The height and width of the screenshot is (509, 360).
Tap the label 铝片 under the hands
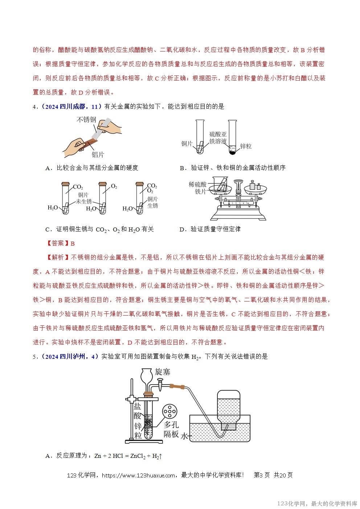click(x=98, y=155)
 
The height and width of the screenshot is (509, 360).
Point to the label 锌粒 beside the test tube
click(x=246, y=146)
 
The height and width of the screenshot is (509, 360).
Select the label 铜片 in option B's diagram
click(x=187, y=144)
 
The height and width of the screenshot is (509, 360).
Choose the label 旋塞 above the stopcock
click(x=162, y=372)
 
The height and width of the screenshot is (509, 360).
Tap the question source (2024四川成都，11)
click(x=70, y=107)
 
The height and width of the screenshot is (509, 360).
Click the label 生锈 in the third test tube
click(x=153, y=206)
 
